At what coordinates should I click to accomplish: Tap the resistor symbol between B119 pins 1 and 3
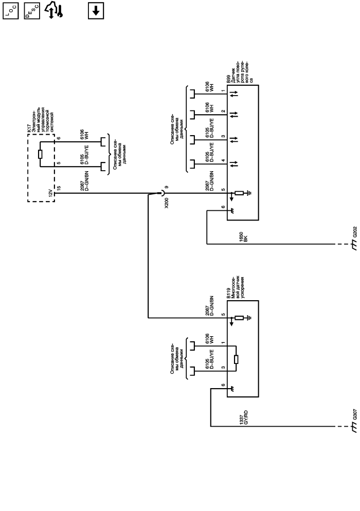point(236,359)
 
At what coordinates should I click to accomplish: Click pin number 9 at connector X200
point(166,188)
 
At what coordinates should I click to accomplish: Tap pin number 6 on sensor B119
point(223,385)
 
